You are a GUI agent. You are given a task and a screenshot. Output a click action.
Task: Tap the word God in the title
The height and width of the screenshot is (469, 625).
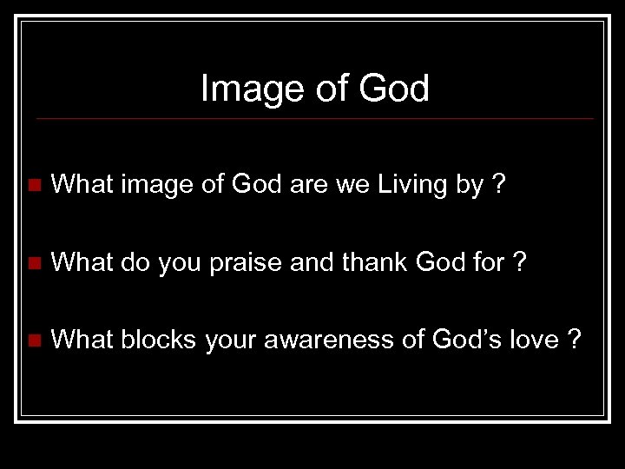pos(396,89)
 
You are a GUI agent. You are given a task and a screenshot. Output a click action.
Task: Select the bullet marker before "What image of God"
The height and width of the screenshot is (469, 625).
pos(34,185)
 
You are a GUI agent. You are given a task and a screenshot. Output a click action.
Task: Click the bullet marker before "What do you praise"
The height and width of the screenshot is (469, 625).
pos(34,263)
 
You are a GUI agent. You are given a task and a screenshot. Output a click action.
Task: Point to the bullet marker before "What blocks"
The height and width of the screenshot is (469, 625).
pos(34,341)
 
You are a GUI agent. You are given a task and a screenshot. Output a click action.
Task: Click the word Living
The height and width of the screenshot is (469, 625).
pos(411,185)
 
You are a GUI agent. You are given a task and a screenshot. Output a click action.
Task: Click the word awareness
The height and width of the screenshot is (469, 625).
pos(326,341)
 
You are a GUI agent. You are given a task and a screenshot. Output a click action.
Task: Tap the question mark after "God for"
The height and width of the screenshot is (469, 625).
pos(520,262)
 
